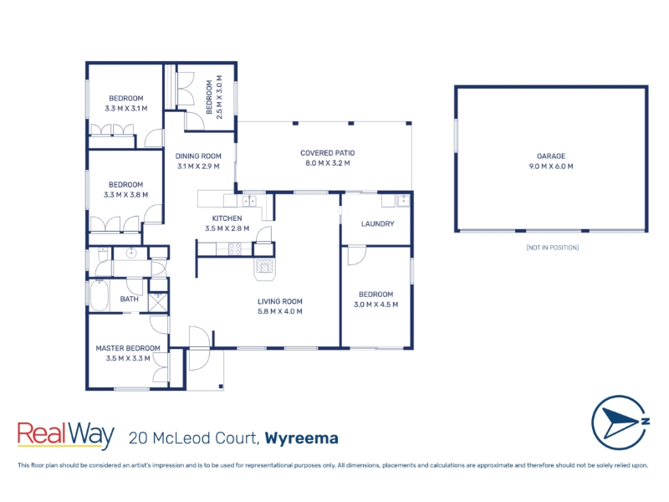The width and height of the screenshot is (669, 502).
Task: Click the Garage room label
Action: pos(551,156)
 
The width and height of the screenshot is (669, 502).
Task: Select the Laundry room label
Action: pos(377,223)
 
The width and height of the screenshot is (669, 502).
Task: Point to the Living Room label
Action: pos(280,301)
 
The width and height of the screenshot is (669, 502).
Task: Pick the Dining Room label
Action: pos(198,156)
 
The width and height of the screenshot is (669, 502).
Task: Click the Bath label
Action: pos(129,299)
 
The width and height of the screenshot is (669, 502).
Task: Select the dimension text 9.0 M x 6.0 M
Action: pos(551,166)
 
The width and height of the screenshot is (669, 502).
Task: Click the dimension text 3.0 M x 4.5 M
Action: pos(375,305)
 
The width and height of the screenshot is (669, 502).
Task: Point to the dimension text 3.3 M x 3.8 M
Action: pos(125,195)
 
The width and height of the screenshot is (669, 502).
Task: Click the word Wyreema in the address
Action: pos(301,438)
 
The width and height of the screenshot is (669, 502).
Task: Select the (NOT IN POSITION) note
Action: pos(552,248)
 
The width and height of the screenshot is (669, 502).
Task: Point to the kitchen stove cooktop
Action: pos(234,248)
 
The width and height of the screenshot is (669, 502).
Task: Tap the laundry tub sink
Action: pos(403,200)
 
